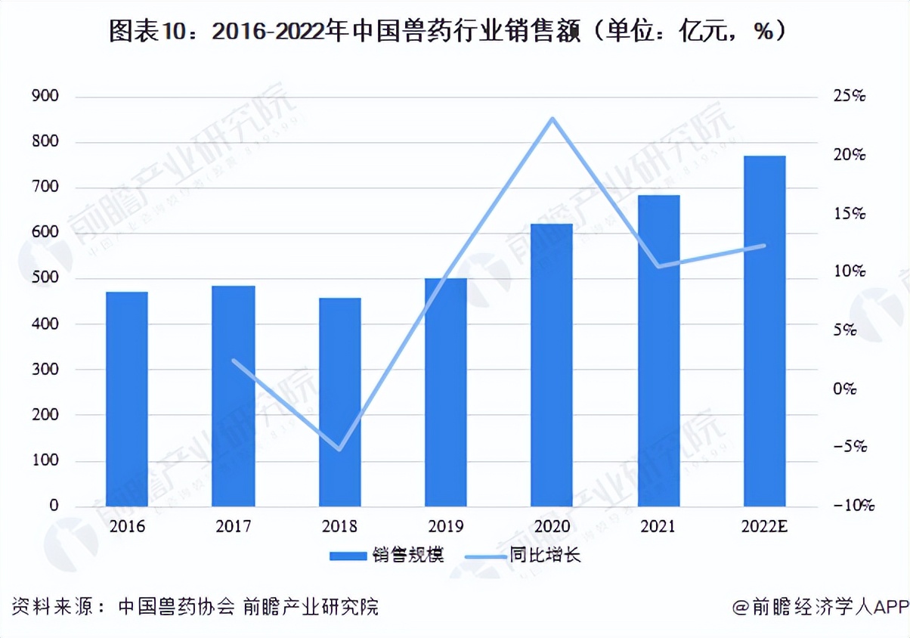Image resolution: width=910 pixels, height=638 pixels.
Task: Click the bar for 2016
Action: point(126,398)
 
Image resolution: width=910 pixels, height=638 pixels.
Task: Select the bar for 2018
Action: point(339,401)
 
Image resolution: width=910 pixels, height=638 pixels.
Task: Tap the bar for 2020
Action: point(552,364)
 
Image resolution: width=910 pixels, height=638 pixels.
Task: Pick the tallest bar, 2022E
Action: point(764,330)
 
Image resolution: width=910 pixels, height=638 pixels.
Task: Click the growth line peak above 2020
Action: point(552,119)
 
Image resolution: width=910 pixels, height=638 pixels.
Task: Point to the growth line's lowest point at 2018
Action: point(340,450)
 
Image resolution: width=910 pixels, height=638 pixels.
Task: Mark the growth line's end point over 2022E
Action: point(765,245)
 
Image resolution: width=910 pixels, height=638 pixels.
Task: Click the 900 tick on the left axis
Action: point(45,97)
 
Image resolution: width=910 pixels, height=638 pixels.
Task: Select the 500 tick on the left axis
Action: point(45,279)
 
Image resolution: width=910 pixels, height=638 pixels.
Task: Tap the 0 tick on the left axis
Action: point(54,506)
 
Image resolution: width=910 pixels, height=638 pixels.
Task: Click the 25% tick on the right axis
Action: point(849,97)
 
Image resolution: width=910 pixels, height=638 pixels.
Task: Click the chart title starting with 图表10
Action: point(454,31)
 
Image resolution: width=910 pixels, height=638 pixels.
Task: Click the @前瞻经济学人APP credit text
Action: point(819,606)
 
